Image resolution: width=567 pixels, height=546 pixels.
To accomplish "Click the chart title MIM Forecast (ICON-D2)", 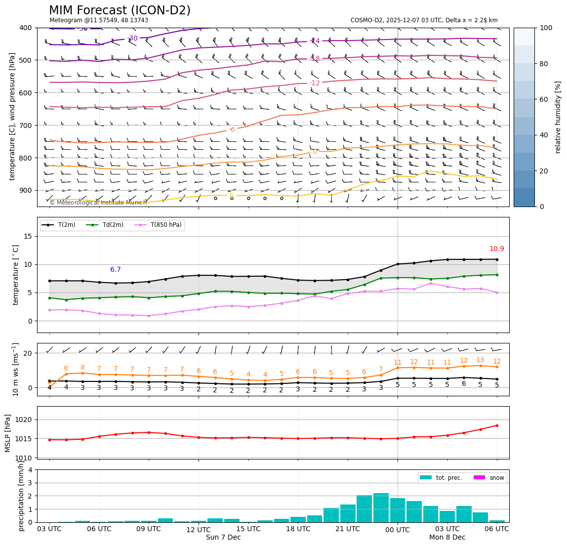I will click(x=120, y=10).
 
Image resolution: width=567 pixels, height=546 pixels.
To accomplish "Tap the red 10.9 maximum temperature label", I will click(x=496, y=249).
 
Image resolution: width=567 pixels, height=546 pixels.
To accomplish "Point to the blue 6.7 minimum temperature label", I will click(x=116, y=270).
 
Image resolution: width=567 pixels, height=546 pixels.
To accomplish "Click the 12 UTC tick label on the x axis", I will click(x=199, y=529).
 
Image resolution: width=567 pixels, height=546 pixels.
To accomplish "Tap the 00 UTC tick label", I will click(x=398, y=529).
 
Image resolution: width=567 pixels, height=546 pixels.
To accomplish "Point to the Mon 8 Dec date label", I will click(x=447, y=538).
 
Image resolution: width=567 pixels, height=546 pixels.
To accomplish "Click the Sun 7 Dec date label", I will click(x=223, y=538).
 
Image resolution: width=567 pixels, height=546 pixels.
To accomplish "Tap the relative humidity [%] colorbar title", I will click(x=558, y=117).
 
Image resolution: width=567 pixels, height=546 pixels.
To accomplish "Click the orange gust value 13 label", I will click(x=480, y=360).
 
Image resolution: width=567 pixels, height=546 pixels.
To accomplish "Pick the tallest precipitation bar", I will click(x=381, y=507).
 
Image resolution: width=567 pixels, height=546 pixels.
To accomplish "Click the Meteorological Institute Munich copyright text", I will click(x=98, y=203).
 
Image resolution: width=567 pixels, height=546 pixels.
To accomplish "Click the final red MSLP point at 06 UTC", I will click(x=497, y=425).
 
